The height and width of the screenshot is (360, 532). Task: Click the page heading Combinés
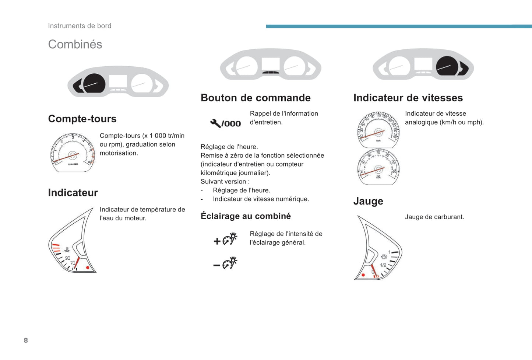click(75, 45)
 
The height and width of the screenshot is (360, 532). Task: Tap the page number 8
click(26, 340)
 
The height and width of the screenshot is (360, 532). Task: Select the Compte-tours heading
click(82, 119)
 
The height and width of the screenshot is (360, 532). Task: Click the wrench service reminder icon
click(225, 123)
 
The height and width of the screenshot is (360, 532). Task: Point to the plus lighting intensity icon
click(225, 239)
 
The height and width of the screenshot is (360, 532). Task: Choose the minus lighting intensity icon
click(225, 263)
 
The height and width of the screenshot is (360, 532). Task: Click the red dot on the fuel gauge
click(363, 275)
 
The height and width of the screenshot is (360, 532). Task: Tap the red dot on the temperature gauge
click(88, 268)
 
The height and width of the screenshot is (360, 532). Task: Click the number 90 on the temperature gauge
click(68, 258)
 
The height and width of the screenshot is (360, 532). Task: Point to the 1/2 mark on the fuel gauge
click(383, 265)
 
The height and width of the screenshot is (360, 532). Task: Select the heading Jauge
click(368, 201)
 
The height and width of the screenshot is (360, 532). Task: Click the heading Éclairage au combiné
click(246, 216)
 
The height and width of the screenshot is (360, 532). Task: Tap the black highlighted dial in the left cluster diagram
click(94, 83)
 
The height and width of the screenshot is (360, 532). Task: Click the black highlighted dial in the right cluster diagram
click(447, 66)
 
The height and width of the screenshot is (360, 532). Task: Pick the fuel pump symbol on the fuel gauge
click(384, 256)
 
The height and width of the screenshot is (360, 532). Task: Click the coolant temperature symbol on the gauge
click(67, 249)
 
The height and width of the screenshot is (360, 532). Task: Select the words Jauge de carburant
click(434, 217)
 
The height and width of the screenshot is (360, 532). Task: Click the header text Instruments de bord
click(80, 26)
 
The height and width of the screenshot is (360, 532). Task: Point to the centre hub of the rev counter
click(72, 155)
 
